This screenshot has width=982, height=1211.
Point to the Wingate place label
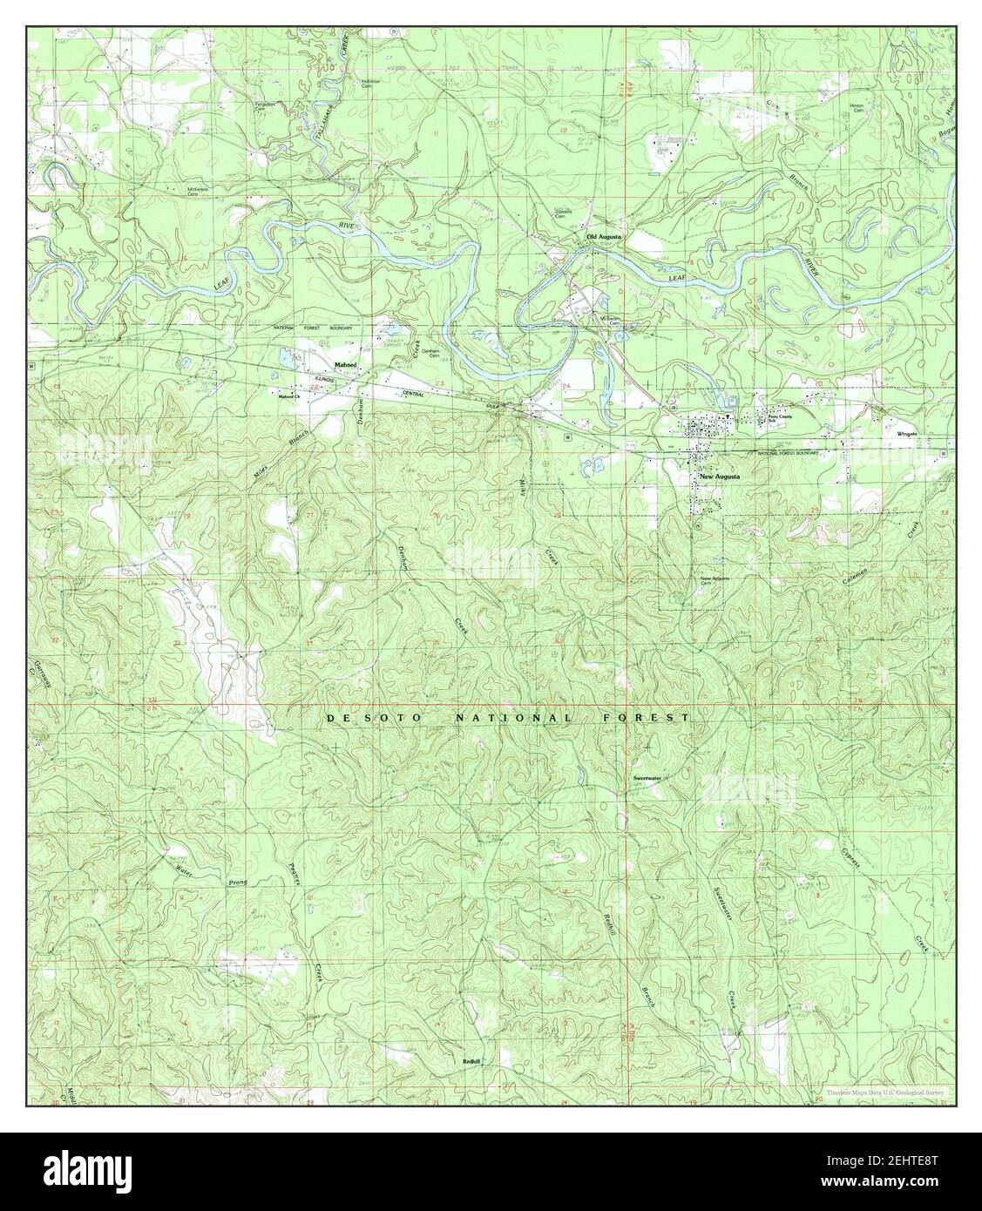(x=907, y=432)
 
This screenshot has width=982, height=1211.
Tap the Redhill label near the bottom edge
(x=471, y=1061)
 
